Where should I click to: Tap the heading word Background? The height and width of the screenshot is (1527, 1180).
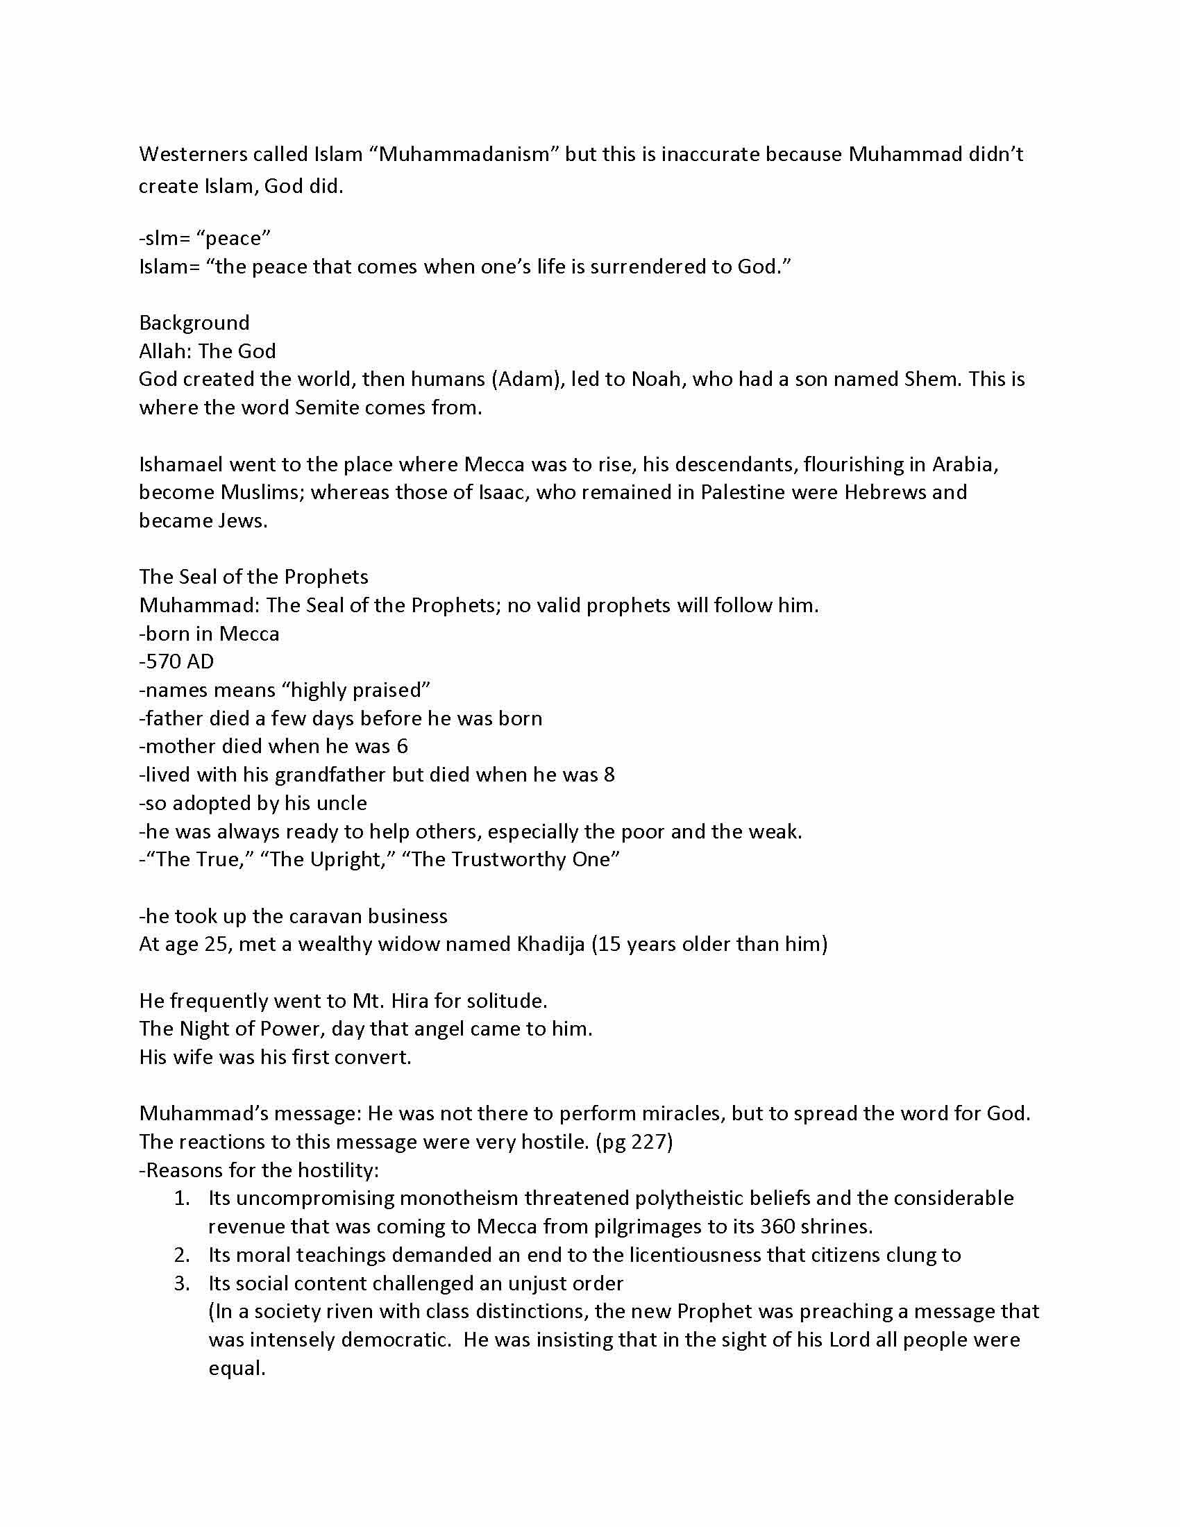pyautogui.click(x=194, y=322)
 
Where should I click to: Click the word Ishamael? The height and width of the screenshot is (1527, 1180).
pyautogui.click(x=180, y=464)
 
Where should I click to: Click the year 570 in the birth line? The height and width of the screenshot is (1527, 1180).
pyautogui.click(x=163, y=661)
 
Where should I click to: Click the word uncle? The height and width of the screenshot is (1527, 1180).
pyautogui.click(x=341, y=803)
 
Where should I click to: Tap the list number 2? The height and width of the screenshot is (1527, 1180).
pyautogui.click(x=182, y=1255)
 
